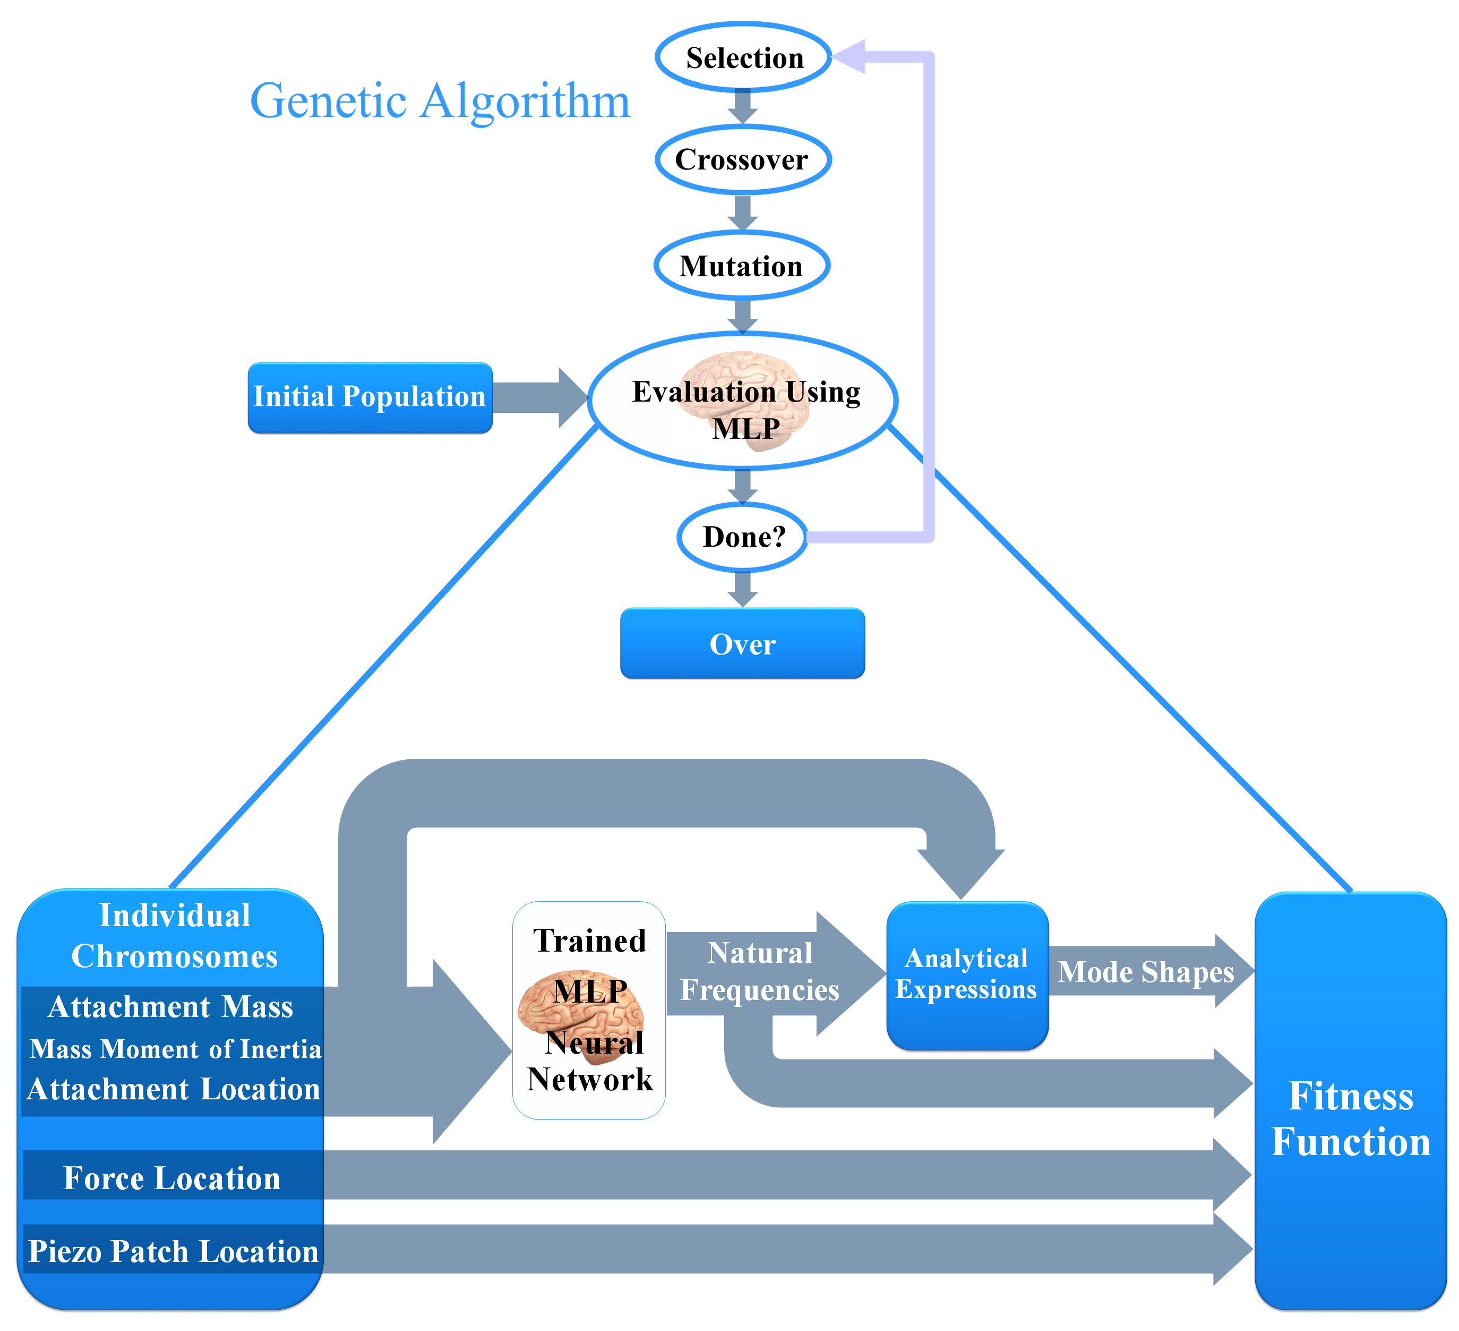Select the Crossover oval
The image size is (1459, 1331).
point(743,159)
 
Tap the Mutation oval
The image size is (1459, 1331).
point(742,265)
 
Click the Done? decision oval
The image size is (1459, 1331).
point(743,537)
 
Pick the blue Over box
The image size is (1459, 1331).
point(743,643)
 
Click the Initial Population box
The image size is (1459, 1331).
point(370,397)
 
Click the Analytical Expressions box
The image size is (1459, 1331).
point(967,974)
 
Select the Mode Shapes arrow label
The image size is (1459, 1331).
point(1146,971)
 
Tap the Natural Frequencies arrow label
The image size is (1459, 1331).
point(759,971)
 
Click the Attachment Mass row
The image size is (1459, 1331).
point(171,1006)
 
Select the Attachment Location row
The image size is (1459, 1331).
point(173,1089)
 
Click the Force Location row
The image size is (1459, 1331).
point(172,1177)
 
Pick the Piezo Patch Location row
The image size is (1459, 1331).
point(173,1251)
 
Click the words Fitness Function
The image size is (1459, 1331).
point(1351,1118)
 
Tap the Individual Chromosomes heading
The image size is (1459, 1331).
point(175,936)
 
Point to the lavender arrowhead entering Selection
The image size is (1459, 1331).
point(849,56)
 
